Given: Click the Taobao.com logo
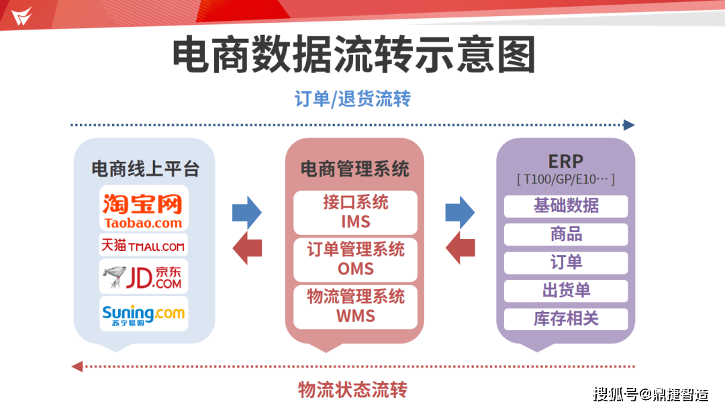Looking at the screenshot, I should (143, 209).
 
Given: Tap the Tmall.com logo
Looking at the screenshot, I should (143, 245).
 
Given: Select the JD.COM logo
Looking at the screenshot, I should (143, 276).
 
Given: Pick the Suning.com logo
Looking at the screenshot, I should (143, 313).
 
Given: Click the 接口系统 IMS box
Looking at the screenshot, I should (355, 212).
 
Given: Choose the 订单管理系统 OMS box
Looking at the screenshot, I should (355, 260).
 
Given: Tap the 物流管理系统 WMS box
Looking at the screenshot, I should (355, 307).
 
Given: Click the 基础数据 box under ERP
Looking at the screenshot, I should (566, 206).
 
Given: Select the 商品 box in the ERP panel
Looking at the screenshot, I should (566, 234).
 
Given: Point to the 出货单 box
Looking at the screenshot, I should (566, 291).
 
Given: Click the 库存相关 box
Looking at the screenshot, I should (566, 319).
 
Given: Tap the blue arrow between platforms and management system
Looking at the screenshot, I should (246, 213).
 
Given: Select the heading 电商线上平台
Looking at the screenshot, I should (145, 168).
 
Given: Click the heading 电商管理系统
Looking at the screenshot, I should (354, 168).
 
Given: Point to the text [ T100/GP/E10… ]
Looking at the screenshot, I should (565, 180).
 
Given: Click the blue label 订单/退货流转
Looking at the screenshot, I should (352, 99).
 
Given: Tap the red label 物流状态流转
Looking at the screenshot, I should (352, 389).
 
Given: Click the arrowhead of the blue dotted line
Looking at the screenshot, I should (629, 125).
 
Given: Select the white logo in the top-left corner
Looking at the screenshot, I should (21, 15).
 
